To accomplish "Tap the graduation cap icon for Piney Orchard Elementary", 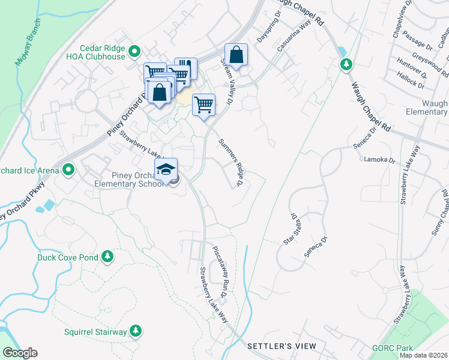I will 166,169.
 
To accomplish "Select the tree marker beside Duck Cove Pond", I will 107,257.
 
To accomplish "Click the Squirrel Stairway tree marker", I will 136,331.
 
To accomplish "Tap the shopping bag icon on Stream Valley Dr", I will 237,55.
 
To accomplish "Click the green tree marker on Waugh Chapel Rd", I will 346,64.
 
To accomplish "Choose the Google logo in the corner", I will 19,353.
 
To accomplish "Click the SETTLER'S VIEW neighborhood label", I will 282,347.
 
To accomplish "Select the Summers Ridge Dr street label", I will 231,162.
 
